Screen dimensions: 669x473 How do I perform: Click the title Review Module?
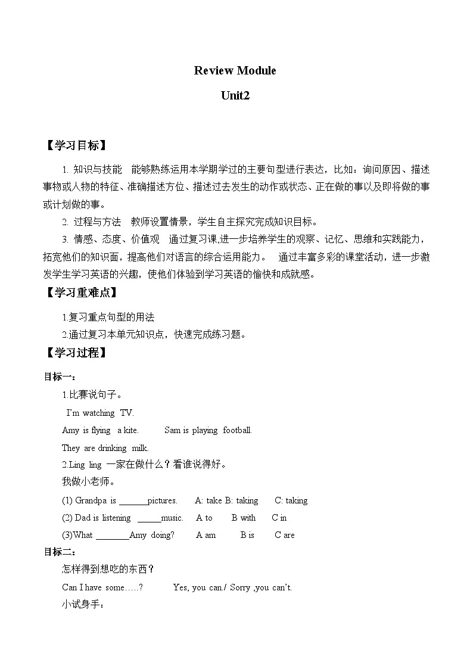(x=235, y=71)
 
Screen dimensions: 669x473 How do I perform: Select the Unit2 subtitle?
(x=235, y=96)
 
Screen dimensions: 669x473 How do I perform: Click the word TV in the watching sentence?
(x=127, y=413)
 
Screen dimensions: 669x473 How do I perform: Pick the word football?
(x=237, y=430)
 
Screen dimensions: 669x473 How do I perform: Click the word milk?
(x=139, y=448)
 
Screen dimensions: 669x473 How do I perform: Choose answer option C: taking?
(x=291, y=500)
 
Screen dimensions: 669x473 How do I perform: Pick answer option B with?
(x=244, y=518)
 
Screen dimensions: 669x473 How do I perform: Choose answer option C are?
(x=285, y=535)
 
